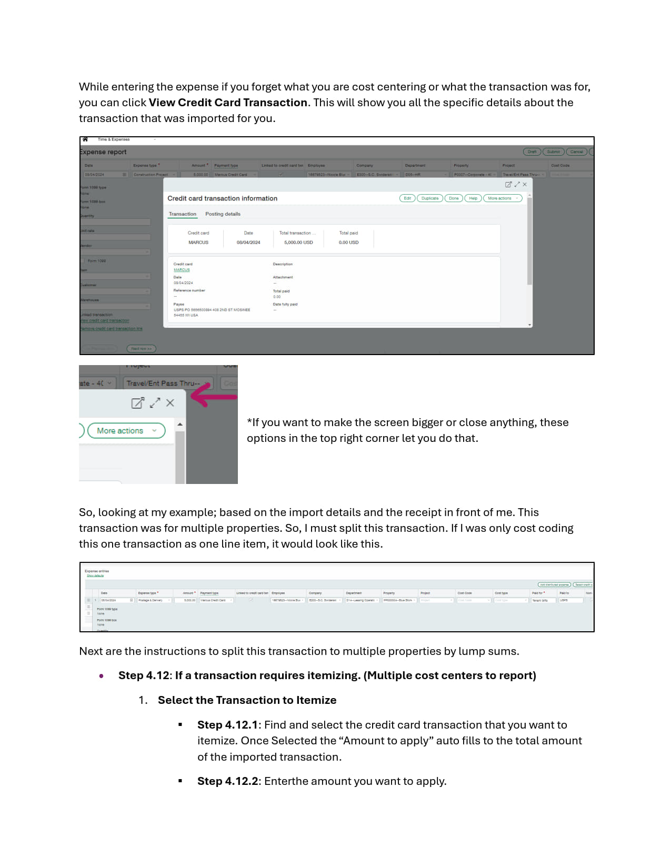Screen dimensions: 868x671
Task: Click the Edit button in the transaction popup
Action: [407, 198]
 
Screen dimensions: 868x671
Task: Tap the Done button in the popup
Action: [454, 198]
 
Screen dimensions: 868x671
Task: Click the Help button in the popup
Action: [473, 198]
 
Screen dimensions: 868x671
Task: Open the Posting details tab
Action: [223, 214]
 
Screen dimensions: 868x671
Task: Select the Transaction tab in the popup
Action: [182, 214]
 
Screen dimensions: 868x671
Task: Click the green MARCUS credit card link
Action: [182, 270]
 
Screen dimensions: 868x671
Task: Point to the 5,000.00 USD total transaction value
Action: [298, 243]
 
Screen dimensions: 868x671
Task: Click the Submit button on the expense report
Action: [553, 152]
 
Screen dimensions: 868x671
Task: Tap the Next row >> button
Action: [141, 349]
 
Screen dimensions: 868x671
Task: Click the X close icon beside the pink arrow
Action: [170, 403]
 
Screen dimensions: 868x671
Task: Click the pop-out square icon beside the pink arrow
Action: [137, 403]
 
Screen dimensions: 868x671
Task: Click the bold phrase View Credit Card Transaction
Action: [228, 103]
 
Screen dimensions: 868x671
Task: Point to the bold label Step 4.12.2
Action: [228, 781]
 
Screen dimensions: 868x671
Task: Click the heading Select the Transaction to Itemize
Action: [247, 700]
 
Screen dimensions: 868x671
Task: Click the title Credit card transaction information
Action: [222, 198]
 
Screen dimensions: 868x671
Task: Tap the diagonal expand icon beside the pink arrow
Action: [155, 403]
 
